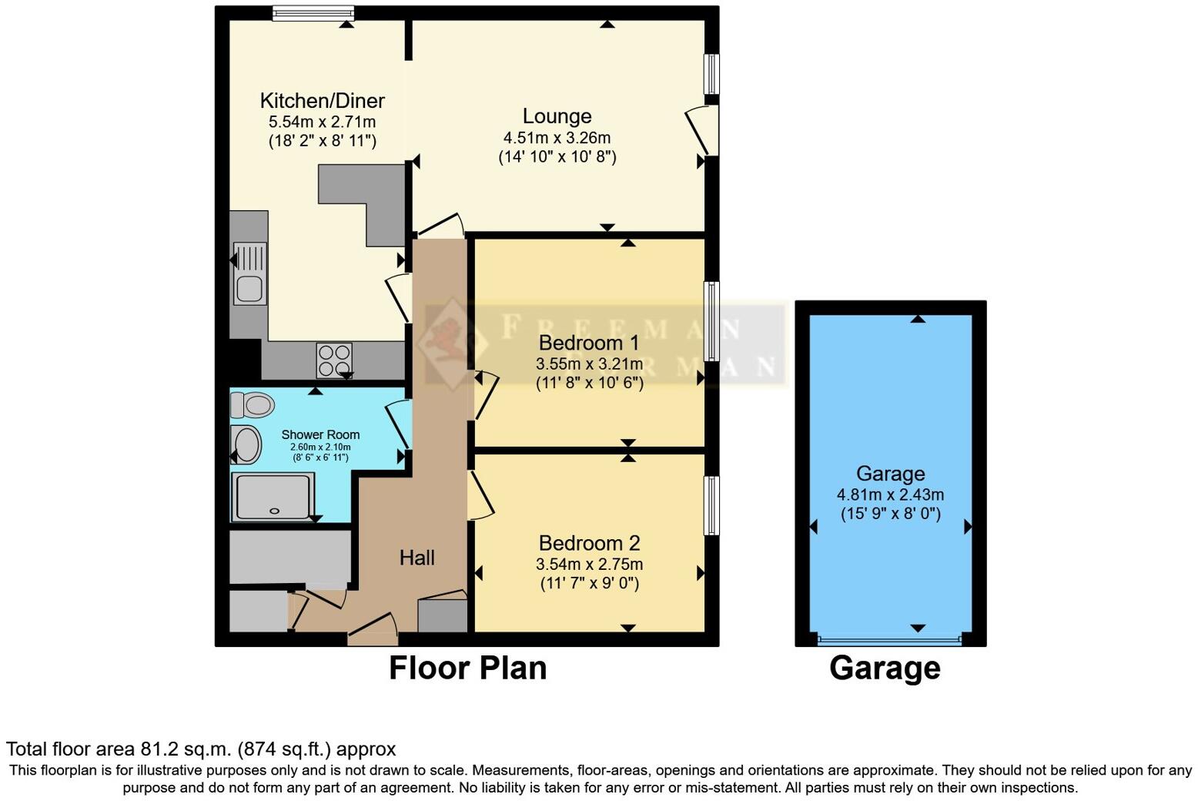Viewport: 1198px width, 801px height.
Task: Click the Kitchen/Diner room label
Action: point(322,101)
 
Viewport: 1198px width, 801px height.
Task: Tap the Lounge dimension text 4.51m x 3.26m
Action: point(557,138)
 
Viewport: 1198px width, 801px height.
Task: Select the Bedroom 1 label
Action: point(589,343)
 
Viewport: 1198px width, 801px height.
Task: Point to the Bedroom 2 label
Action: point(589,543)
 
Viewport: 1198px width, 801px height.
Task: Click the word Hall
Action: point(417,558)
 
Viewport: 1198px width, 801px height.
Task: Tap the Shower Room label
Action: point(320,435)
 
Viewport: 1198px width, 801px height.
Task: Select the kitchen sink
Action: point(249,274)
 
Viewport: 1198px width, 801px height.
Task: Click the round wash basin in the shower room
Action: point(246,444)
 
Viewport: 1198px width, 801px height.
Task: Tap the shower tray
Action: point(273,497)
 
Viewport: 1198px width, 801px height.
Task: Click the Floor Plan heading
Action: point(467,668)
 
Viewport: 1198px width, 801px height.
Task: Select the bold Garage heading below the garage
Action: point(885,668)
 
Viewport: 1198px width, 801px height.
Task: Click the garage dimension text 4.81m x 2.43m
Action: point(890,495)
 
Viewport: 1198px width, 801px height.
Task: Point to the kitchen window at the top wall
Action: point(313,12)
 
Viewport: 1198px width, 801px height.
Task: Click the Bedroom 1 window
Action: point(713,321)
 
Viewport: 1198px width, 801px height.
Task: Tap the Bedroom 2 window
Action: point(713,505)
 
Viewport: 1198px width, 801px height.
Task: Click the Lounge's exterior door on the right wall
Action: point(704,129)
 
